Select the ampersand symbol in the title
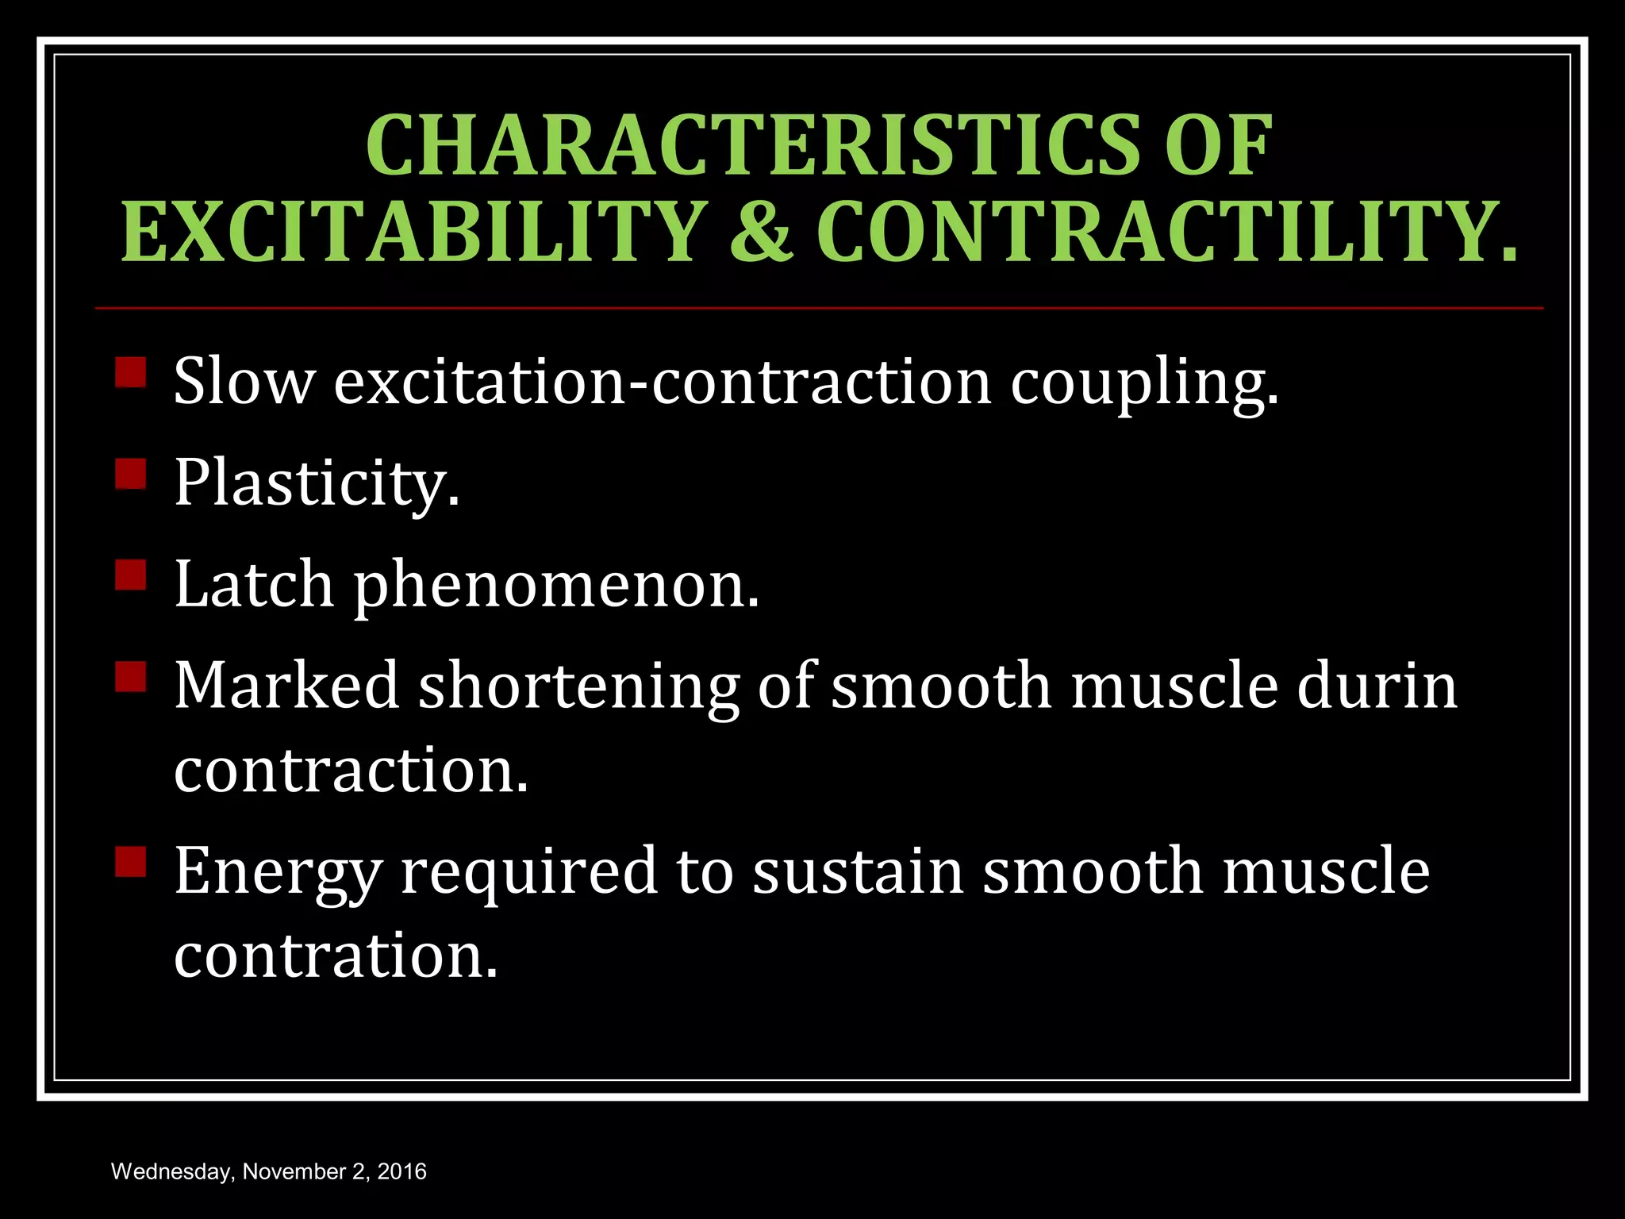click(x=760, y=231)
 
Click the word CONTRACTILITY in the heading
click(x=1166, y=231)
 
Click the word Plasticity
click(x=316, y=483)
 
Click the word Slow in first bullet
click(x=244, y=382)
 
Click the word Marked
click(x=286, y=685)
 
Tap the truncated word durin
click(x=1377, y=685)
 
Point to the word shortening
click(x=578, y=688)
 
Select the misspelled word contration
click(x=335, y=956)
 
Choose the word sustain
click(x=858, y=871)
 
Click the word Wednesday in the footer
click(x=171, y=1172)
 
